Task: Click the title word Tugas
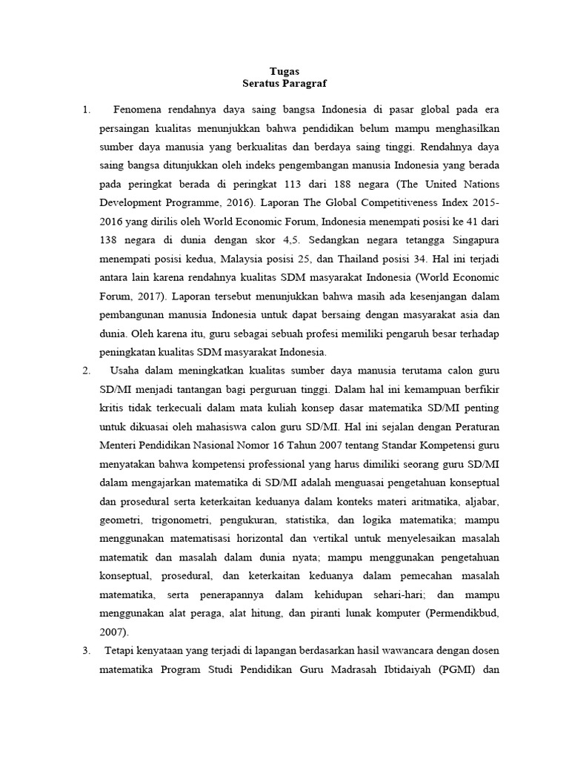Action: (284, 71)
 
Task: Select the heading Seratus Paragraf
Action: (284, 84)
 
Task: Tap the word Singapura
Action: (473, 242)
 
